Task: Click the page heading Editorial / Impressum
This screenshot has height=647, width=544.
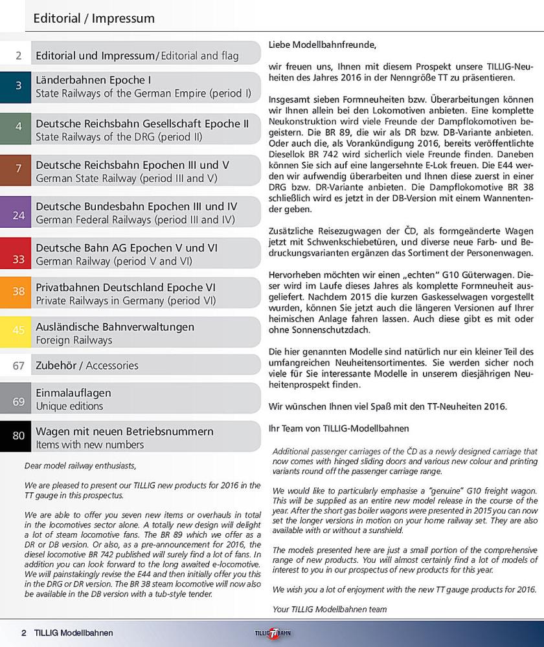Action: coord(94,18)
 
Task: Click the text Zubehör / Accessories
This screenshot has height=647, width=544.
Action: coord(87,366)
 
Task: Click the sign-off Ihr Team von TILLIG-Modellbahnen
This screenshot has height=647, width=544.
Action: coord(339,428)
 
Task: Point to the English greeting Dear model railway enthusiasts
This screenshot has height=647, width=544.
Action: coord(80,465)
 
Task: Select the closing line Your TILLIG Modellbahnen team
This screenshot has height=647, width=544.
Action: coord(330,609)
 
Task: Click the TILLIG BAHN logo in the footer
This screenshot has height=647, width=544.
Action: coord(271,633)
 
